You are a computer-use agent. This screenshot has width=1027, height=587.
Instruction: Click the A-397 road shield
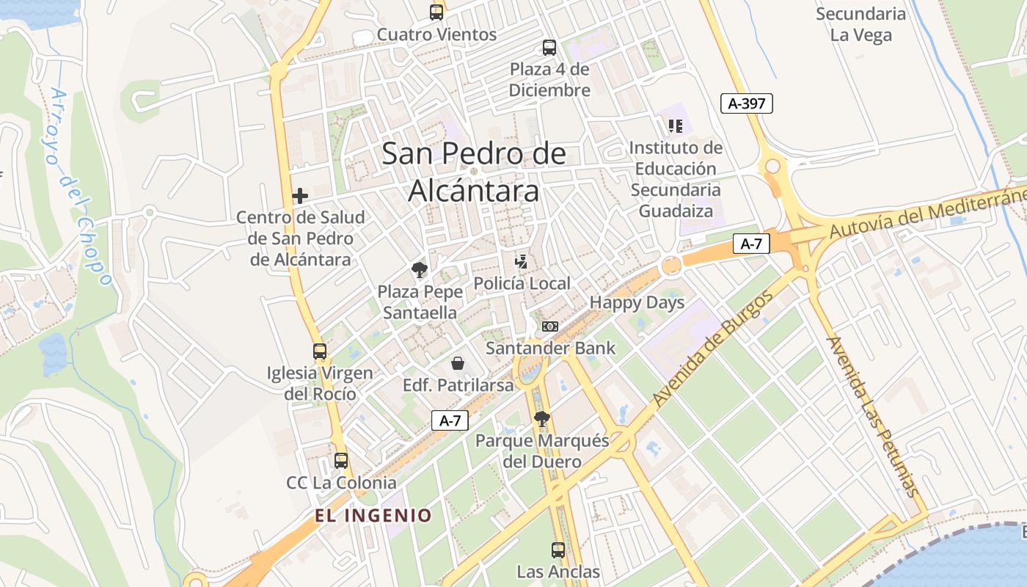click(747, 103)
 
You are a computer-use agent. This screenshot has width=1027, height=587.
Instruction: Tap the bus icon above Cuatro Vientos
click(436, 12)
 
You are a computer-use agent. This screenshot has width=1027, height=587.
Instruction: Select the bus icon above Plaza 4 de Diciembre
click(549, 48)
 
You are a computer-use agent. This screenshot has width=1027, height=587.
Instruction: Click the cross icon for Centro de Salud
click(299, 196)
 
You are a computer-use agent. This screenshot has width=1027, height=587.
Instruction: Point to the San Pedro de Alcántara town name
click(474, 172)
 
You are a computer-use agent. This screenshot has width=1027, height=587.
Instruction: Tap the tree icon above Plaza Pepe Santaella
click(420, 270)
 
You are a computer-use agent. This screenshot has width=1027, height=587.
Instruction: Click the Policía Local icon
click(522, 262)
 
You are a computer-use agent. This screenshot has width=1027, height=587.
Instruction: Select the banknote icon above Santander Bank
click(550, 326)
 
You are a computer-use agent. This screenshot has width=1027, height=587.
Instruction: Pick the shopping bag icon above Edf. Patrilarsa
click(458, 363)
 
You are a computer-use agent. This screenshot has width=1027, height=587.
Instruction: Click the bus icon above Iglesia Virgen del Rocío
click(320, 351)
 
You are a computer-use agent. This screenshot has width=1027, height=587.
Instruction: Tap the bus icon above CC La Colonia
click(341, 461)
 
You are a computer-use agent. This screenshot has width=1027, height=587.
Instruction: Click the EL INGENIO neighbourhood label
click(373, 515)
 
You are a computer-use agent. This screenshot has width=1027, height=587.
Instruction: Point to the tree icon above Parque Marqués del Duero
click(542, 419)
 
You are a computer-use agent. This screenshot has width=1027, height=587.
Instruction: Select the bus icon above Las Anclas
click(558, 550)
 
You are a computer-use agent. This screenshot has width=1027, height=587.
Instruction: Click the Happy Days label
click(637, 302)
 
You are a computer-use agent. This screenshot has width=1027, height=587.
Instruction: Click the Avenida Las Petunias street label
click(872, 416)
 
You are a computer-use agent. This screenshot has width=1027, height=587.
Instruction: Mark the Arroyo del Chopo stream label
click(81, 187)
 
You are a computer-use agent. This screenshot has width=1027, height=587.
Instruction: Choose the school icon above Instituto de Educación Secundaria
click(676, 126)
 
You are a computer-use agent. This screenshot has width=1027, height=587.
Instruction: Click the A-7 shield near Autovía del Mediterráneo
click(751, 244)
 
